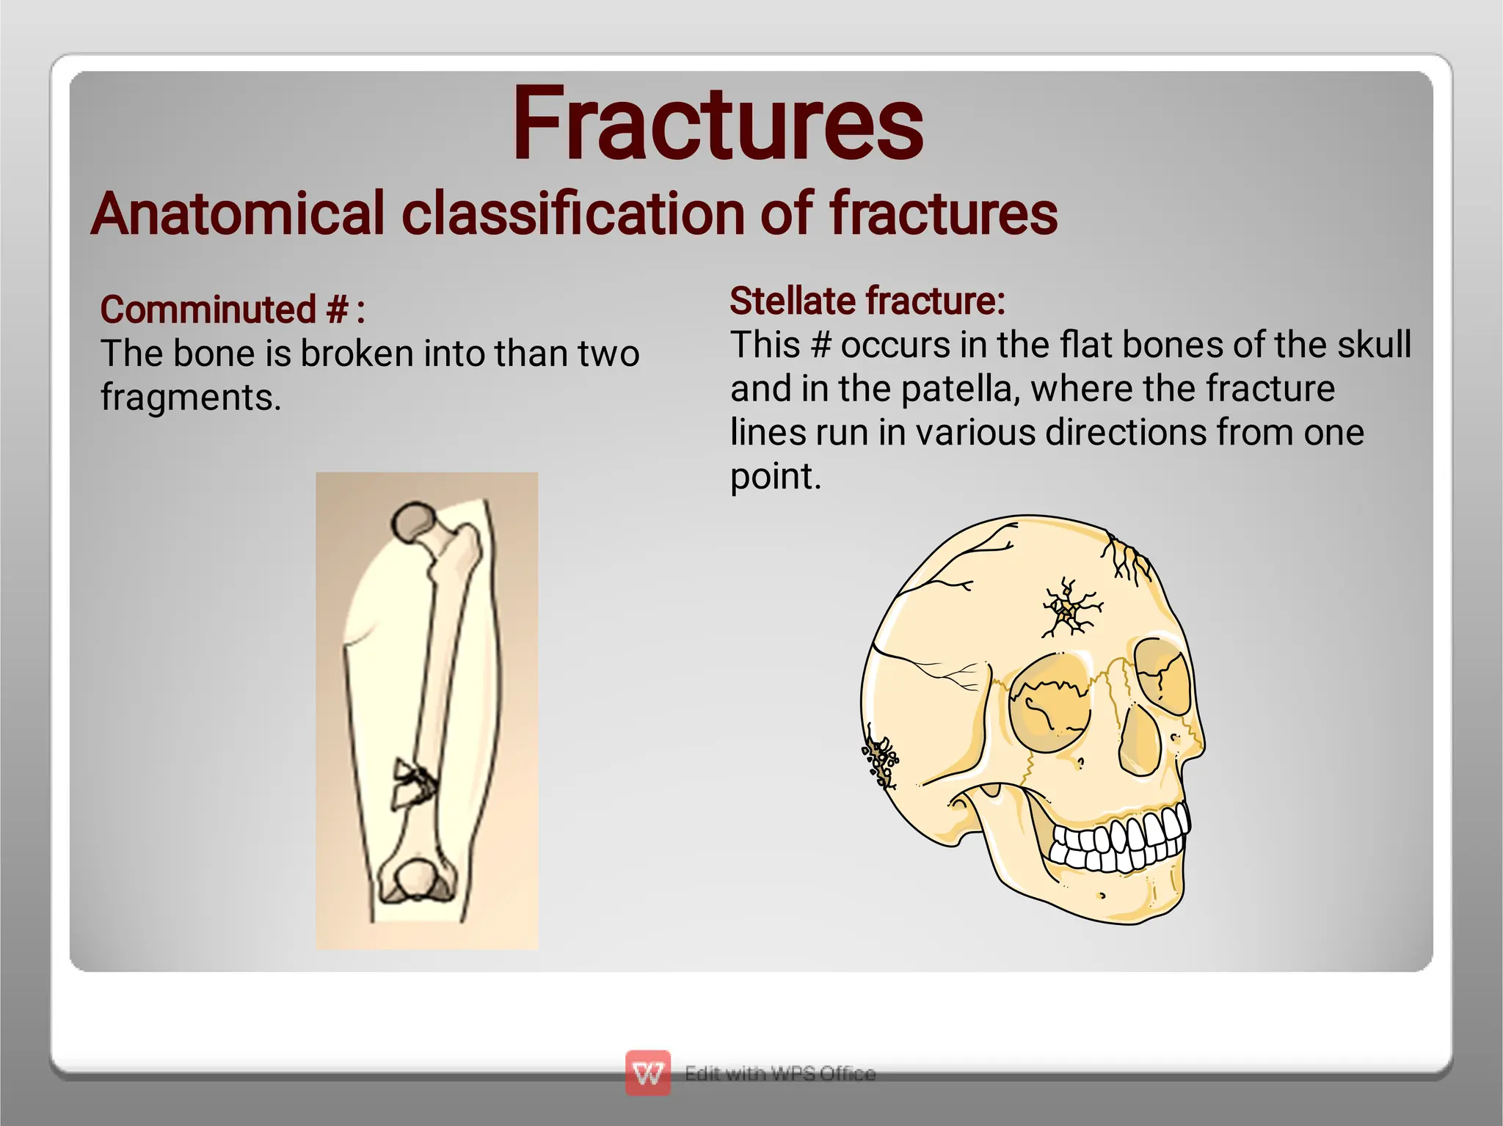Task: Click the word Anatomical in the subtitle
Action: click(238, 213)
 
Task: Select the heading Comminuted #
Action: click(232, 310)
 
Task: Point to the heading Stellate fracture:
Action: click(867, 301)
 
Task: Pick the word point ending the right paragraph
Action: click(774, 477)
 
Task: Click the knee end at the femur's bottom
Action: click(416, 880)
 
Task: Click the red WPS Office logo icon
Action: click(647, 1073)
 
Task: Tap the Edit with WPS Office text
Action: click(779, 1073)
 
